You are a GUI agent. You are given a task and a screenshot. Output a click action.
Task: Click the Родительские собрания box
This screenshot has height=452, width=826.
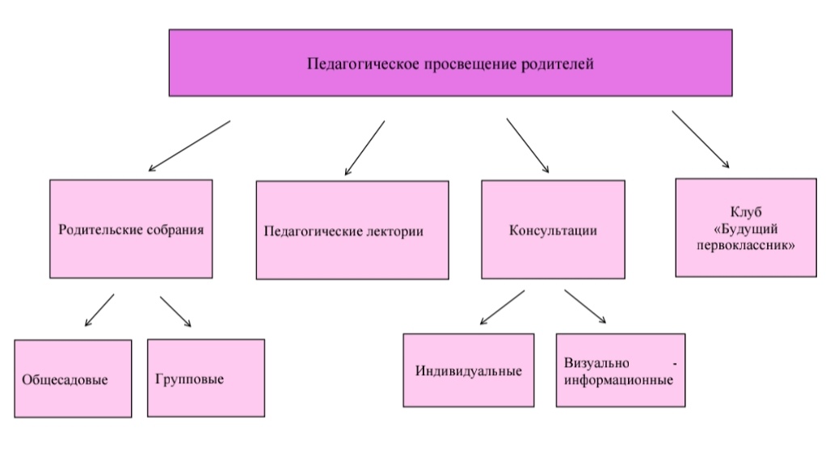coord(131,229)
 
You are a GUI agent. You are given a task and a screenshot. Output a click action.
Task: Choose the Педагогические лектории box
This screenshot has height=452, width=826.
coord(352,230)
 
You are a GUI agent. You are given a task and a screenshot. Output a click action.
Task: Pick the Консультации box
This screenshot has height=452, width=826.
coord(553,230)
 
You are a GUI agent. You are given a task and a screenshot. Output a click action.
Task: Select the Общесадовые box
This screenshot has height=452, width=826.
coord(73,378)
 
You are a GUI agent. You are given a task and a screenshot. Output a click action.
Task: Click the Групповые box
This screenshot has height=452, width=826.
coord(205,378)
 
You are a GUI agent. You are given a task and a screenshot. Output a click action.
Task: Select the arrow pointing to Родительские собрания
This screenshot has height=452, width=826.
coord(189,146)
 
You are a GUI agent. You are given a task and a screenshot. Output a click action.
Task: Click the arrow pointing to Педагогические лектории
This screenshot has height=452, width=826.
coord(364,147)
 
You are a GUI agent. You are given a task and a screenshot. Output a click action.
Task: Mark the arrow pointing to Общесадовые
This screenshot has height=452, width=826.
coord(99,310)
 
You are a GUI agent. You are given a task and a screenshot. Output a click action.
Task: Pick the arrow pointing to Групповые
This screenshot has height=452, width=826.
coord(175,311)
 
